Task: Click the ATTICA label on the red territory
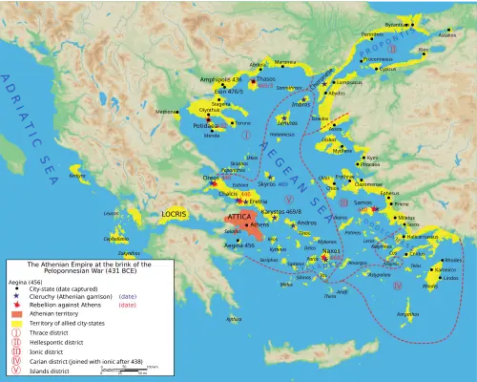click(239, 218)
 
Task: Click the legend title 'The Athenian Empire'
click(72, 265)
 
